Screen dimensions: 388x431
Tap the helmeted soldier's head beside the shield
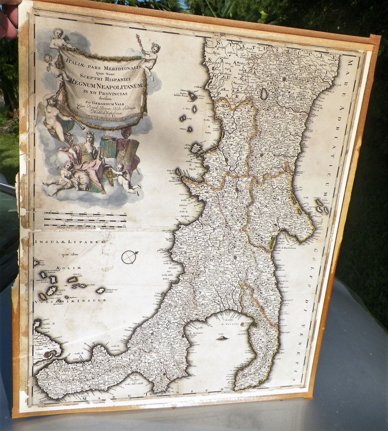click(x=126, y=134)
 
